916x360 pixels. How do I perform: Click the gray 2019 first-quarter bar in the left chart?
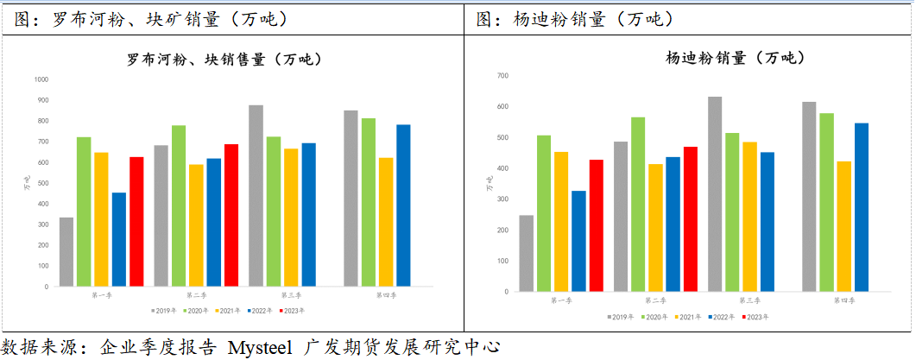pyautogui.click(x=66, y=251)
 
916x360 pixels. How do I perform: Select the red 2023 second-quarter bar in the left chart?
pyautogui.click(x=231, y=215)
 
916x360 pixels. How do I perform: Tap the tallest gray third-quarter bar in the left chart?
pyautogui.click(x=256, y=195)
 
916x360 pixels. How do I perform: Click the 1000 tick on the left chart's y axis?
pyautogui.click(x=41, y=79)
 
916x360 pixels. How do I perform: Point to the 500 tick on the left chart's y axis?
pyautogui.click(x=42, y=183)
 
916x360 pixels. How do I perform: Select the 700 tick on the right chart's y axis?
pyautogui.click(x=502, y=76)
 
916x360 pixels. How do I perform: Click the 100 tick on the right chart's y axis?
pyautogui.click(x=502, y=261)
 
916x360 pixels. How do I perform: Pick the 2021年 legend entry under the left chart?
pyautogui.click(x=227, y=310)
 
